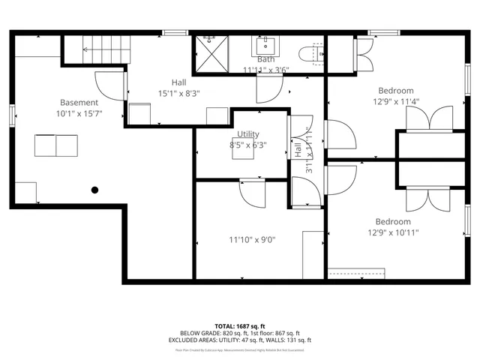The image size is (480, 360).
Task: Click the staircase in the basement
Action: click(x=95, y=50)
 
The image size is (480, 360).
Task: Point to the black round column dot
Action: click(x=95, y=190)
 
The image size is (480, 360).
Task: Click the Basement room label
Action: click(x=79, y=103)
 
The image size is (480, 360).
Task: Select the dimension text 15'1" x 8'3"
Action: click(x=178, y=94)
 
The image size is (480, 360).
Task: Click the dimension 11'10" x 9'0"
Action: click(x=252, y=240)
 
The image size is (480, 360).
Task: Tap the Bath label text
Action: click(x=265, y=59)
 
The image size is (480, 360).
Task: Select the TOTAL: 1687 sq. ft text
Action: click(x=239, y=326)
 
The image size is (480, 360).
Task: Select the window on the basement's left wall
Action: click(x=11, y=116)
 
